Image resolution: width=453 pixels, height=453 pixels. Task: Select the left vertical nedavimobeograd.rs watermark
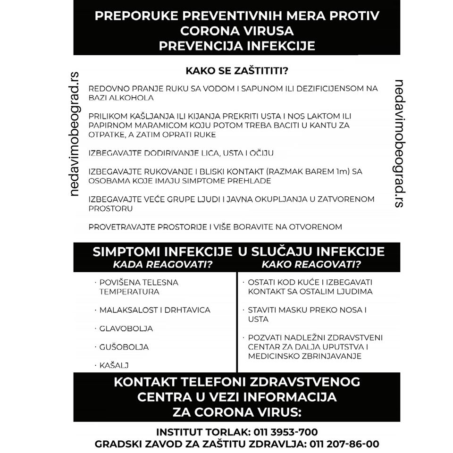pyautogui.click(x=74, y=134)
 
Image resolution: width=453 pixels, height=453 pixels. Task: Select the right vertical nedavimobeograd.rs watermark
pyautogui.click(x=399, y=143)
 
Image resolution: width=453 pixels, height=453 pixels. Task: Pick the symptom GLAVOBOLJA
pyautogui.click(x=126, y=328)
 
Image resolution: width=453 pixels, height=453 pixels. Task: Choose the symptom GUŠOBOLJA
pyautogui.click(x=124, y=347)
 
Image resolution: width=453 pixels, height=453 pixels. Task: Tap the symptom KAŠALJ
pyautogui.click(x=114, y=365)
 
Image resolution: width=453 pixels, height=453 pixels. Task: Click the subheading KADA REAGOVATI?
pyautogui.click(x=162, y=264)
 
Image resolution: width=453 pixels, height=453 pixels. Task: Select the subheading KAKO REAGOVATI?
pyautogui.click(x=311, y=264)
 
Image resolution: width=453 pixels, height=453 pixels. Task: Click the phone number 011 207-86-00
pyautogui.click(x=344, y=444)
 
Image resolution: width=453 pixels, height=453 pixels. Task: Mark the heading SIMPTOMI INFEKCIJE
pyautogui.click(x=162, y=252)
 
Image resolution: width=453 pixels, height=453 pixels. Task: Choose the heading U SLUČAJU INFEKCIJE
pyautogui.click(x=311, y=252)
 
